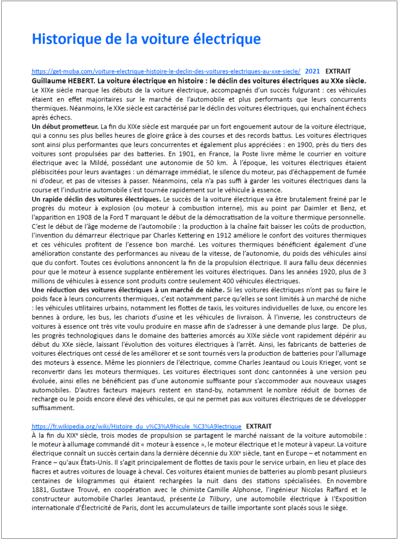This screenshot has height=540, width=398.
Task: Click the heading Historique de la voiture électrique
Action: pyautogui.click(x=146, y=39)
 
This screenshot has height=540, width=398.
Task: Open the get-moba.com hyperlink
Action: pyautogui.click(x=165, y=71)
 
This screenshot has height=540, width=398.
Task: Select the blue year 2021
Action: pyautogui.click(x=313, y=71)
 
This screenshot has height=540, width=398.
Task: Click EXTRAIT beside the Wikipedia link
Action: pyautogui.click(x=259, y=426)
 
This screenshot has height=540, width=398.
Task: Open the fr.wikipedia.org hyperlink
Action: pyautogui.click(x=136, y=426)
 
